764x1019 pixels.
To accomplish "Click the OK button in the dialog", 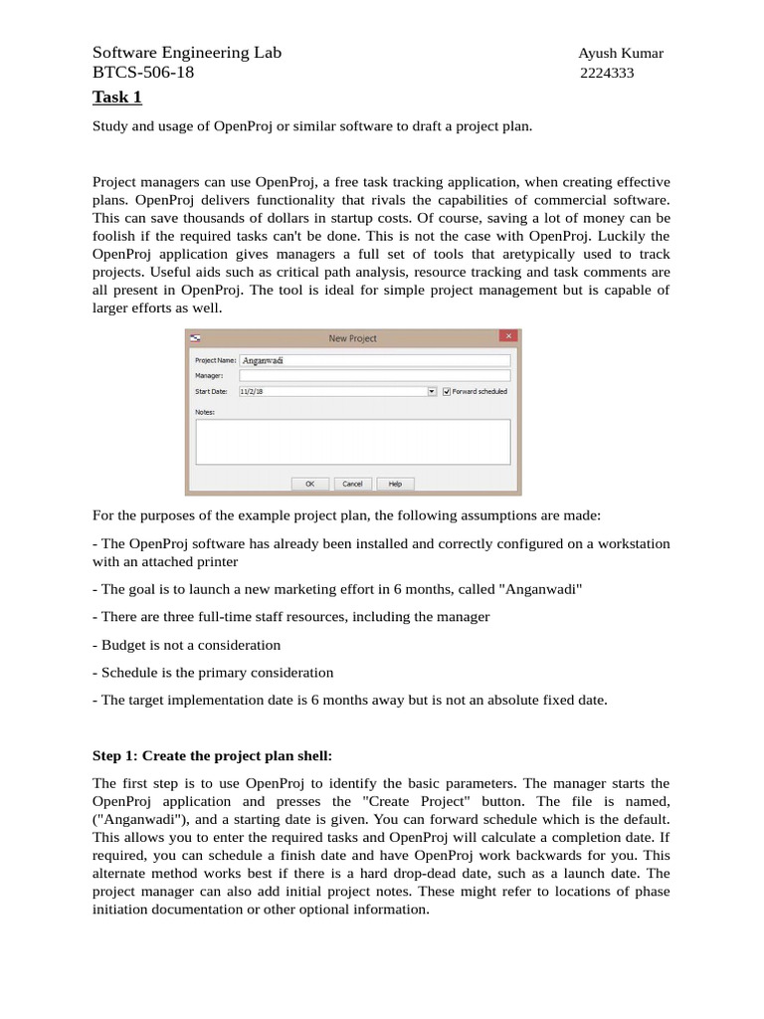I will coord(309,484).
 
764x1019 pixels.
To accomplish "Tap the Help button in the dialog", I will coord(394,484).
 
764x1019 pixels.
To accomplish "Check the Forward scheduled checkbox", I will coord(447,392).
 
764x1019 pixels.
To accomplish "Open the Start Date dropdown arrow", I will coord(432,392).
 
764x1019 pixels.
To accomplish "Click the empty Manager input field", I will coord(374,376).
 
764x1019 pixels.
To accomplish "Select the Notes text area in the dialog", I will coord(352,441).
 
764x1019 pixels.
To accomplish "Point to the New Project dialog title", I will coord(352,338).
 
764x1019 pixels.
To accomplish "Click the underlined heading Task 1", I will coord(117,97).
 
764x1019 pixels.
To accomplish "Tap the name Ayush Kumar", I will coord(621,53).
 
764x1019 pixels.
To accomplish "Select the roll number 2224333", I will coord(607,74).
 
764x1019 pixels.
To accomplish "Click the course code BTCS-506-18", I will coord(143,74).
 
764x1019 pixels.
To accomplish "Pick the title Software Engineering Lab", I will coord(186,53).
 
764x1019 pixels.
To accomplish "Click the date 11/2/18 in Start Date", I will coord(253,392).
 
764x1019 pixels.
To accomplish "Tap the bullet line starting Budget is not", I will coord(186,645).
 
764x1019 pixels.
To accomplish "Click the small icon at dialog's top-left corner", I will coord(195,338).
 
